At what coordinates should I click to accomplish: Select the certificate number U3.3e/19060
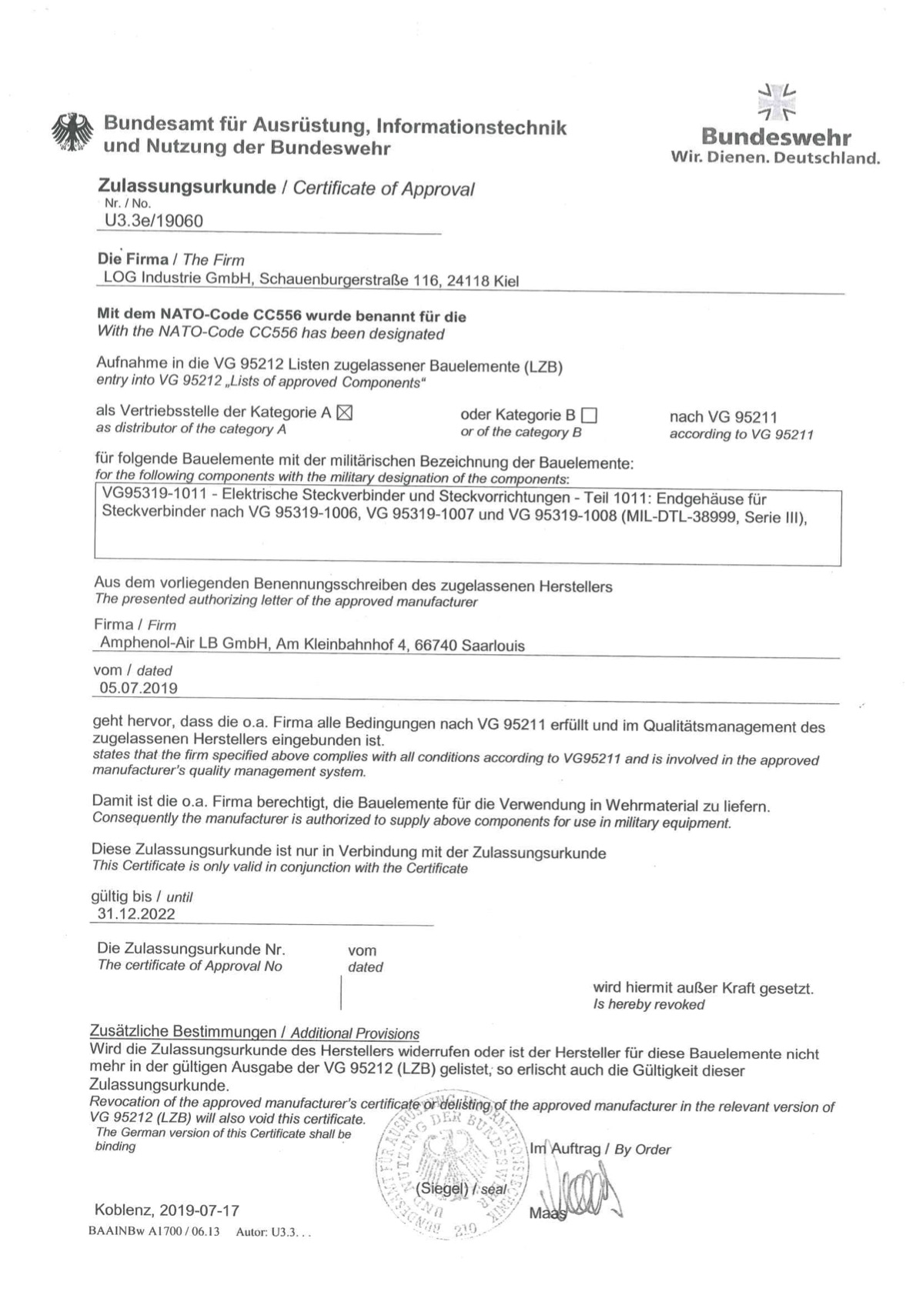154,222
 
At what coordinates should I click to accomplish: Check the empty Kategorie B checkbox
590,416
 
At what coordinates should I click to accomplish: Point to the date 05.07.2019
139,688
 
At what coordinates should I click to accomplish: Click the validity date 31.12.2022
136,914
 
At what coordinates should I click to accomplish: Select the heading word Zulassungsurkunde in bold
187,187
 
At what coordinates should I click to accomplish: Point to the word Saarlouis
493,646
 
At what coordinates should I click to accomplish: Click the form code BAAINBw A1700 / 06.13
154,1231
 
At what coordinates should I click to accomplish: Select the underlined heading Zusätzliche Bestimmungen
183,1031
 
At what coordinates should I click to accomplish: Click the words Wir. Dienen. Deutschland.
775,159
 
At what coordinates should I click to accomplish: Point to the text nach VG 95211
724,417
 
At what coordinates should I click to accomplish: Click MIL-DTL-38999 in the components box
681,516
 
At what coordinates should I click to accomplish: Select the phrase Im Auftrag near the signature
564,1149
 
